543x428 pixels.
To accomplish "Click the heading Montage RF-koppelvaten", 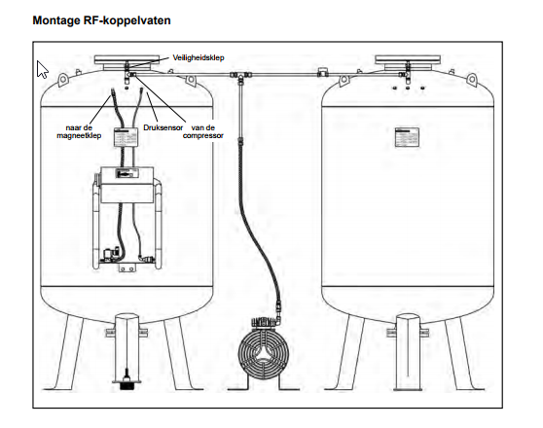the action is tap(101, 20).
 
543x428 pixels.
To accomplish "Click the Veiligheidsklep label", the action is tap(199, 57).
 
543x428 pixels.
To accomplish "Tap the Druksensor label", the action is tap(163, 127).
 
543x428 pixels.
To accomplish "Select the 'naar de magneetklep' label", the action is tap(79, 131).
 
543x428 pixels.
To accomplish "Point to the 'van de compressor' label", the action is tap(203, 131).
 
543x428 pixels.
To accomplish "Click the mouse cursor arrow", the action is tap(42, 70).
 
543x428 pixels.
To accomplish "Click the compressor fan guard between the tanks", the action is tap(264, 353).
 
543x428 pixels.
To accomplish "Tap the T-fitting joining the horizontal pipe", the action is tap(240, 76).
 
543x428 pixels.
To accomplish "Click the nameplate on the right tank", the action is tap(407, 137).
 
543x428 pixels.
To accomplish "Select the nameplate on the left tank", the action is tap(127, 137).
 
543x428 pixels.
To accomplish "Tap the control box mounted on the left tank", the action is tap(127, 185).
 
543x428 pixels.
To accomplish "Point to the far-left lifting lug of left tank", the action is tap(62, 80).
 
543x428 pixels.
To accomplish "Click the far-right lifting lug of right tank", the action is tap(472, 80).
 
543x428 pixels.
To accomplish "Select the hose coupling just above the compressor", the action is tap(277, 308).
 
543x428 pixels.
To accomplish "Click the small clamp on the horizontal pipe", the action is tap(322, 72).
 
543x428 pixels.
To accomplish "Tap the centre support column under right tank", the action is tap(408, 351).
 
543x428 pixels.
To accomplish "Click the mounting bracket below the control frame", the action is tap(127, 268).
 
